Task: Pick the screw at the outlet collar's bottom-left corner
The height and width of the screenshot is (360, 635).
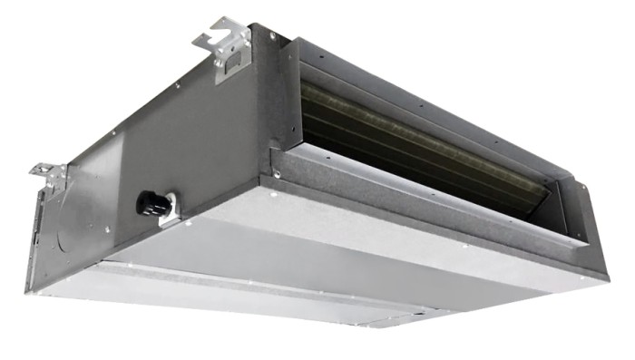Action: point(277,173)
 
